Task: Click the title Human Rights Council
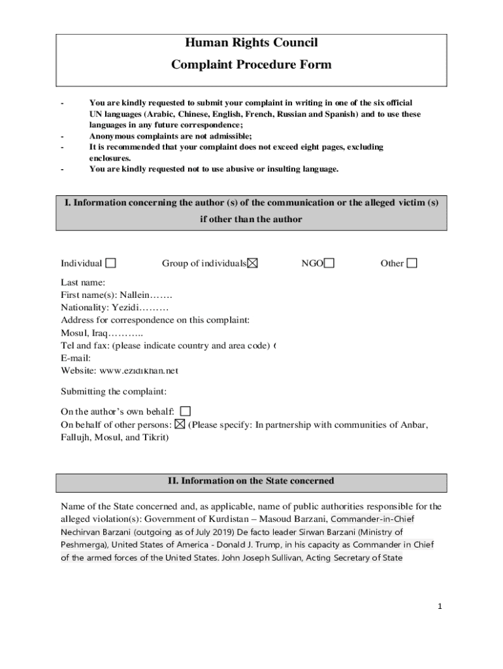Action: tap(252, 43)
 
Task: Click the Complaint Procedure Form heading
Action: tap(252, 65)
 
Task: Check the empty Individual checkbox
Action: tap(111, 263)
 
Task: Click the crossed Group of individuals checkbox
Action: tap(252, 263)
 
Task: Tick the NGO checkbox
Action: tap(329, 263)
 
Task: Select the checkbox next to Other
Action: tap(412, 263)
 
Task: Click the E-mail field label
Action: tap(75, 358)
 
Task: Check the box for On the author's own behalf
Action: tap(186, 412)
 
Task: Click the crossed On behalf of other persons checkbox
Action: tap(180, 425)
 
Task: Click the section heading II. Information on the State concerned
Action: tap(252, 481)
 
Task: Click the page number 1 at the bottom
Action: tap(440, 606)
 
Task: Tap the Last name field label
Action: tap(83, 282)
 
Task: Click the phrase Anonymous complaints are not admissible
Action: tap(170, 136)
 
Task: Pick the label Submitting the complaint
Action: tap(114, 391)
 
